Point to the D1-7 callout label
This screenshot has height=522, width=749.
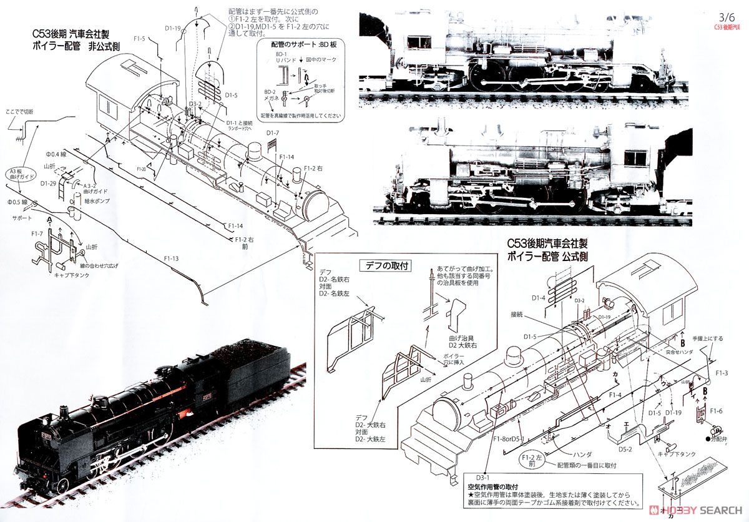click(x=272, y=133)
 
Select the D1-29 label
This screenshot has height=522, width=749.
click(x=48, y=184)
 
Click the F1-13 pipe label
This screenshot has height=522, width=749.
click(x=171, y=259)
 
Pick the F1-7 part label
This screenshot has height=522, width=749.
click(x=37, y=234)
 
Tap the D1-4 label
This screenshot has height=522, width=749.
click(x=537, y=298)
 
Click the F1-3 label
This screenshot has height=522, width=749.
click(x=722, y=373)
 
